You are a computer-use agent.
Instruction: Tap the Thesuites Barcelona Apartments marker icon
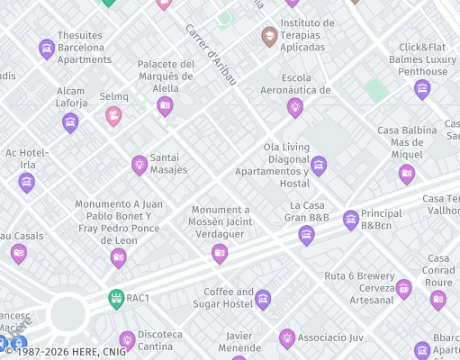click(47, 49)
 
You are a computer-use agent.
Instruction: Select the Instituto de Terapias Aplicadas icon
click(269, 37)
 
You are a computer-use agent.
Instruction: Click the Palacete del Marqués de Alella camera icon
click(165, 107)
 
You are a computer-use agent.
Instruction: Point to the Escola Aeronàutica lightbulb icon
click(294, 108)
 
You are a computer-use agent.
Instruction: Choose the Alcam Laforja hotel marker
click(71, 122)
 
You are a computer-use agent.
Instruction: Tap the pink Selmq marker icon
click(113, 115)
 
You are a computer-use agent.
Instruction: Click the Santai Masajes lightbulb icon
click(140, 165)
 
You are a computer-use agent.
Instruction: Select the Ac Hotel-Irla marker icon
click(27, 183)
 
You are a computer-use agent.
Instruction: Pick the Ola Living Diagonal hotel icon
click(319, 166)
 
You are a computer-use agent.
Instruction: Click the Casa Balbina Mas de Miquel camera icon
click(407, 174)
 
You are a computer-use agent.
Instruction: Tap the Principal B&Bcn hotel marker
click(351, 219)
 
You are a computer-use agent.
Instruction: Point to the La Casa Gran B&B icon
click(307, 236)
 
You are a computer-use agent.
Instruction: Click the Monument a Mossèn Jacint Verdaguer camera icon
click(220, 254)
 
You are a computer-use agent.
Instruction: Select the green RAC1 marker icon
click(115, 298)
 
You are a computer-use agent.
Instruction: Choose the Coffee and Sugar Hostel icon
click(263, 300)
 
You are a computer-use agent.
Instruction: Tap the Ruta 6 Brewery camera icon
click(403, 288)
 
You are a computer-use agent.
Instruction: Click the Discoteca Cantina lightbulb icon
click(127, 340)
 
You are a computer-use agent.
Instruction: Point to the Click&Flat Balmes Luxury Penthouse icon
click(422, 89)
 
